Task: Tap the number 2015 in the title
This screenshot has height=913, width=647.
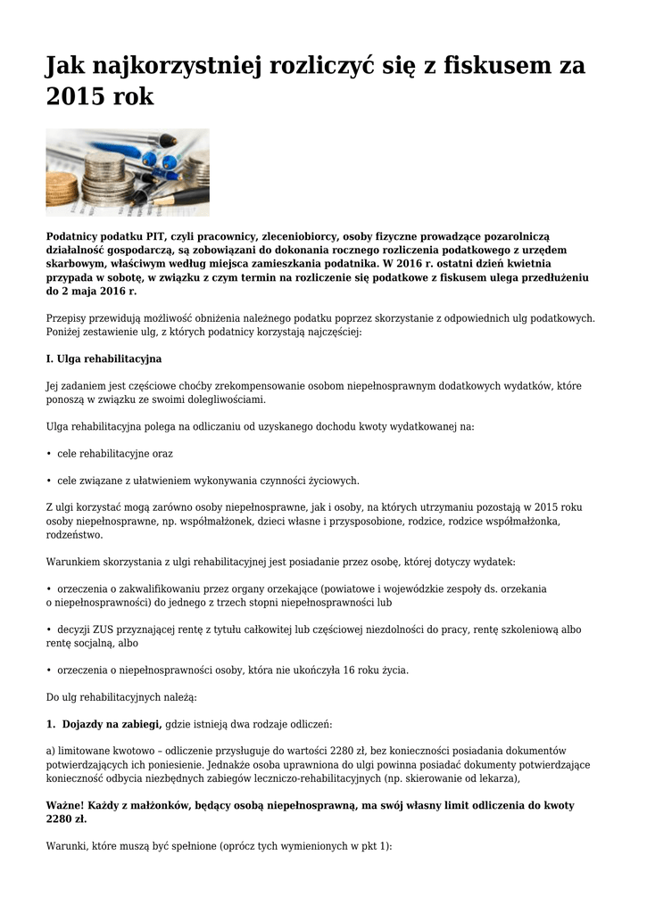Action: point(74,97)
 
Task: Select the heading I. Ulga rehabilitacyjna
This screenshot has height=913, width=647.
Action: point(104,358)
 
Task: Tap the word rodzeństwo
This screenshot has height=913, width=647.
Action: point(74,535)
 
